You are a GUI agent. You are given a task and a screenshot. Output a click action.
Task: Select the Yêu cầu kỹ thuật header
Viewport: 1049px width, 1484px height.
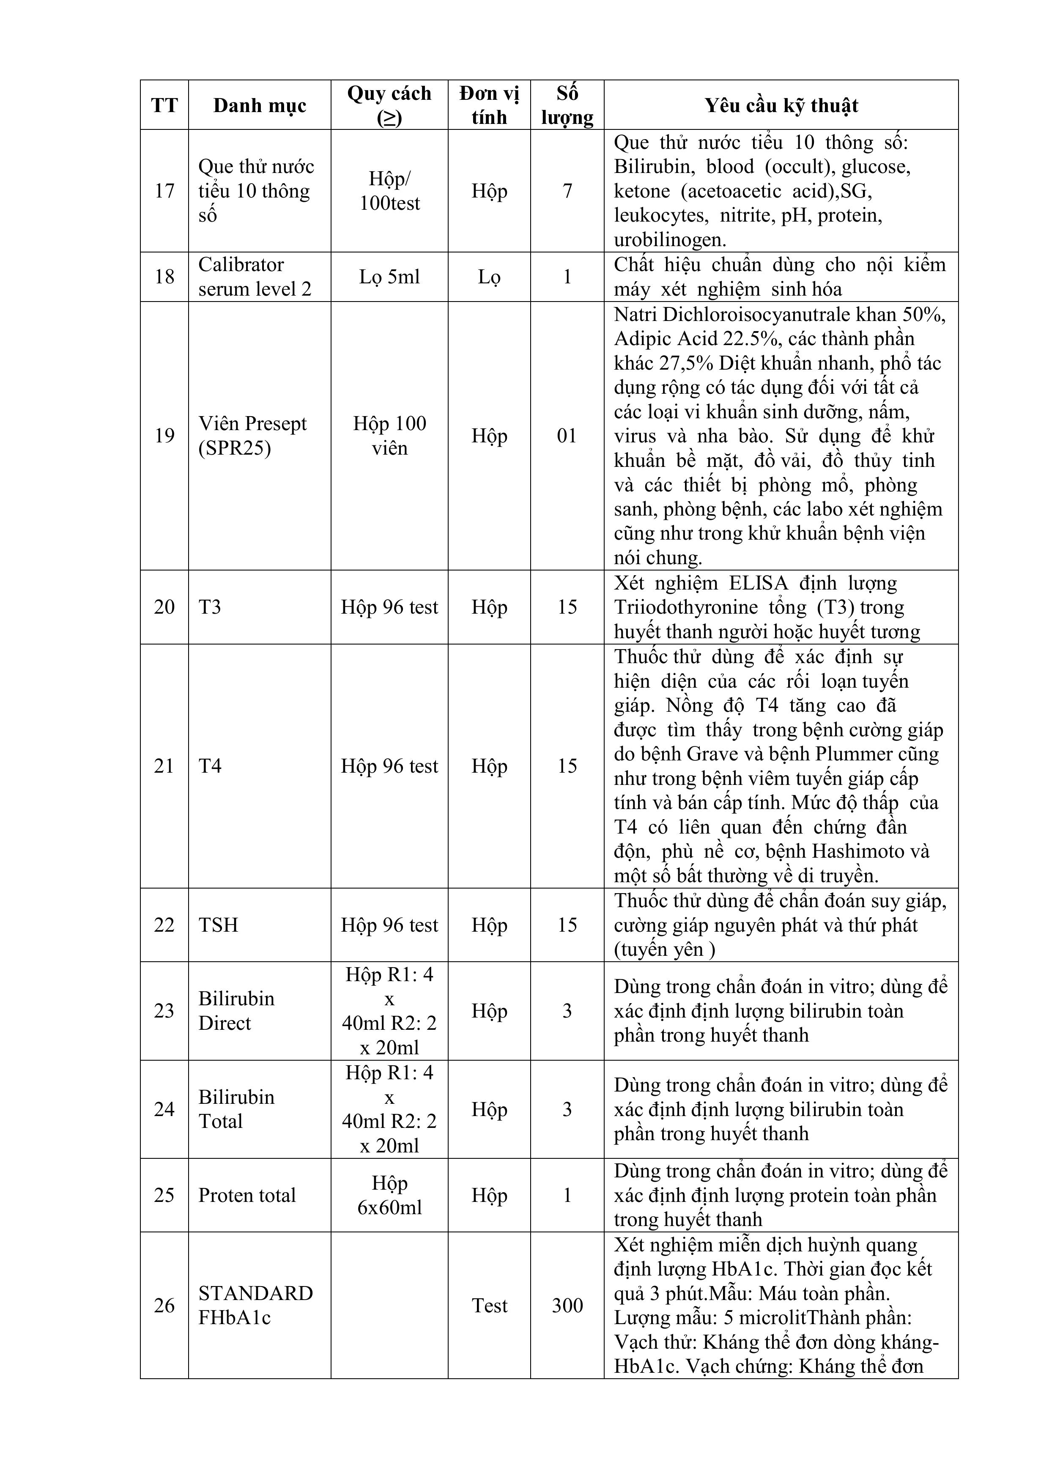coord(781,105)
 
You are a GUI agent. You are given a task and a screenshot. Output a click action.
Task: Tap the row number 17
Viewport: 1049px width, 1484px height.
coord(164,191)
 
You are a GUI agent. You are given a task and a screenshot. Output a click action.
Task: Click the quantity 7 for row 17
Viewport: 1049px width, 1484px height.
coord(567,191)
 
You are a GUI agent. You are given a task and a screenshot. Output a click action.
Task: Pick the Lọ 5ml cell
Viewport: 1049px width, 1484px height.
coord(389,277)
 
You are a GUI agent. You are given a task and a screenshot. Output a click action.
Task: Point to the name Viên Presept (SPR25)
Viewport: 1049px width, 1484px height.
coord(252,436)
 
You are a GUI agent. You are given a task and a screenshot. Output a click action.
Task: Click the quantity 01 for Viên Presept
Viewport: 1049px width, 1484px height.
coord(567,436)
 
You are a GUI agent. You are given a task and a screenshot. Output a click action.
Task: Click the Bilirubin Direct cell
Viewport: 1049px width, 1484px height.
coord(236,1011)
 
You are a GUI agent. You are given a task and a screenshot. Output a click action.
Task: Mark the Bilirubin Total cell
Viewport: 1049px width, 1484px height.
coord(236,1109)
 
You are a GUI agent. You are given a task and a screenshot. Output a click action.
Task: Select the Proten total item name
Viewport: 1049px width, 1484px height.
coord(247,1195)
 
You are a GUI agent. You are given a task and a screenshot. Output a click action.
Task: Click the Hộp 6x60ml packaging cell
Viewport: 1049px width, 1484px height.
coord(389,1195)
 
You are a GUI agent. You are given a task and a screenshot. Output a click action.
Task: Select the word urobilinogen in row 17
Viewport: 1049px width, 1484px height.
coord(670,240)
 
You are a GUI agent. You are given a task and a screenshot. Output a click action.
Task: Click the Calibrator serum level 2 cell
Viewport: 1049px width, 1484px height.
coord(254,277)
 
